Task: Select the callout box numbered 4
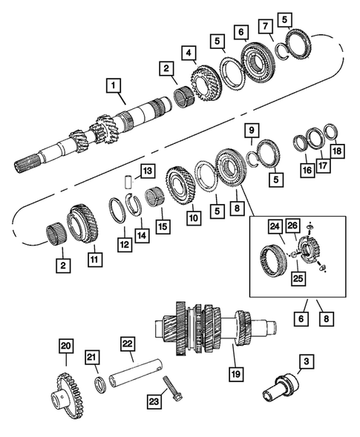[x=192, y=53]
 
